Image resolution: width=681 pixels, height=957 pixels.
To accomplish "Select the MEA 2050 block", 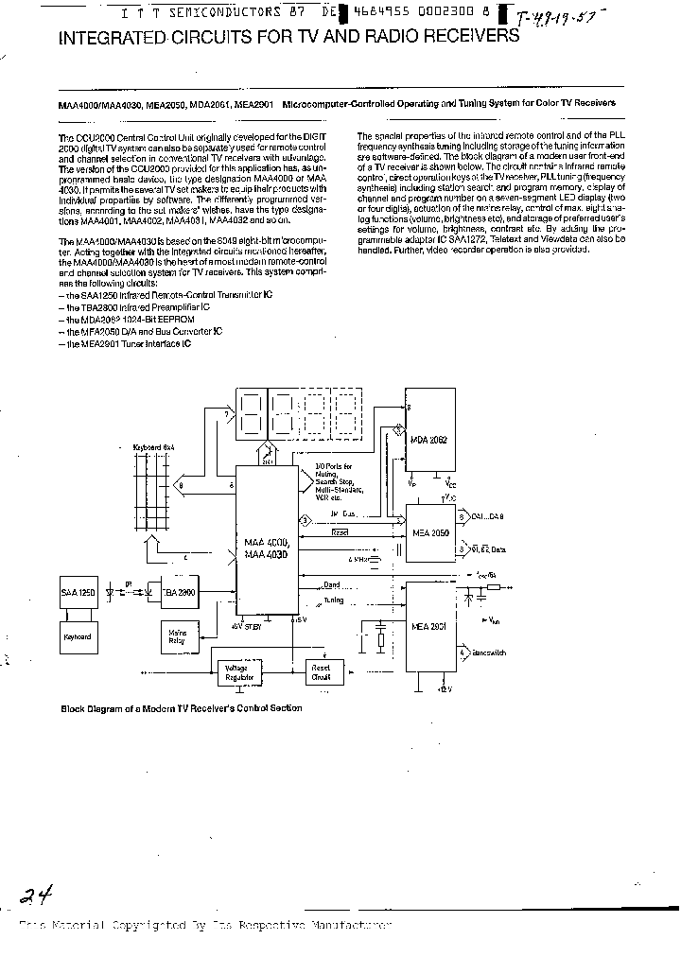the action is [x=429, y=533].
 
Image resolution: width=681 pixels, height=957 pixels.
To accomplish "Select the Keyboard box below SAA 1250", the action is [x=78, y=636].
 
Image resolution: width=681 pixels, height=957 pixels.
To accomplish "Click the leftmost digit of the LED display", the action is [x=252, y=412].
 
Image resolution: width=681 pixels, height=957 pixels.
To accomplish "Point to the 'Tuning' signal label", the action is [x=333, y=600].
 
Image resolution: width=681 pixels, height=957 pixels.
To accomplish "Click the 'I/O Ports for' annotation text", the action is [x=334, y=466].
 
